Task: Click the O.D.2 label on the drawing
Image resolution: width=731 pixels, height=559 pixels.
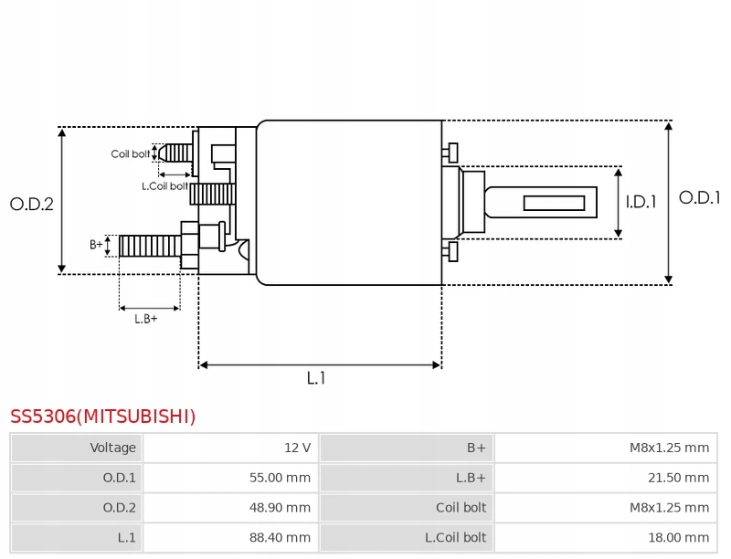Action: point(32,204)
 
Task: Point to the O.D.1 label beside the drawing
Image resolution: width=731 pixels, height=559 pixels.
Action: point(699,197)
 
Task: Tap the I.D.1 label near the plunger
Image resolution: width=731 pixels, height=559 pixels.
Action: point(641,202)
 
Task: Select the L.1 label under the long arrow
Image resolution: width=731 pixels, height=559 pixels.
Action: point(316,378)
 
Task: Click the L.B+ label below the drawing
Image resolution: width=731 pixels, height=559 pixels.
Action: point(146,319)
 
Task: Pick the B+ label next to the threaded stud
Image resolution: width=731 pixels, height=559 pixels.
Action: point(96,245)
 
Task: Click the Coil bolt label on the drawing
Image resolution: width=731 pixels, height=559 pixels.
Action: point(131,153)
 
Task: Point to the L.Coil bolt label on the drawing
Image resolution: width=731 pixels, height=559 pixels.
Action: point(165,185)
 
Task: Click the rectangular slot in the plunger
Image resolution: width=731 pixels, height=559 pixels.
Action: point(554,203)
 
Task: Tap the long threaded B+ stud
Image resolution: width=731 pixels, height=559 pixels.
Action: point(150,246)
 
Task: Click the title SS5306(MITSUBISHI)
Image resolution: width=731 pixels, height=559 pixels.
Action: point(103,417)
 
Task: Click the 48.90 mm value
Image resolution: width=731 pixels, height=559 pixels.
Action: point(280,507)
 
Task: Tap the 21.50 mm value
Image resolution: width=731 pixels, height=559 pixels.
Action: point(678,478)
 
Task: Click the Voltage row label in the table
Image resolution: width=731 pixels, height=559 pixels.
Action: point(112,448)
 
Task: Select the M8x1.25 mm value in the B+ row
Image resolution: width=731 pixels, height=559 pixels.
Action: point(670,448)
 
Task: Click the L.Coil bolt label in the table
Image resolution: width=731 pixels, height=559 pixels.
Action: point(455,538)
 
